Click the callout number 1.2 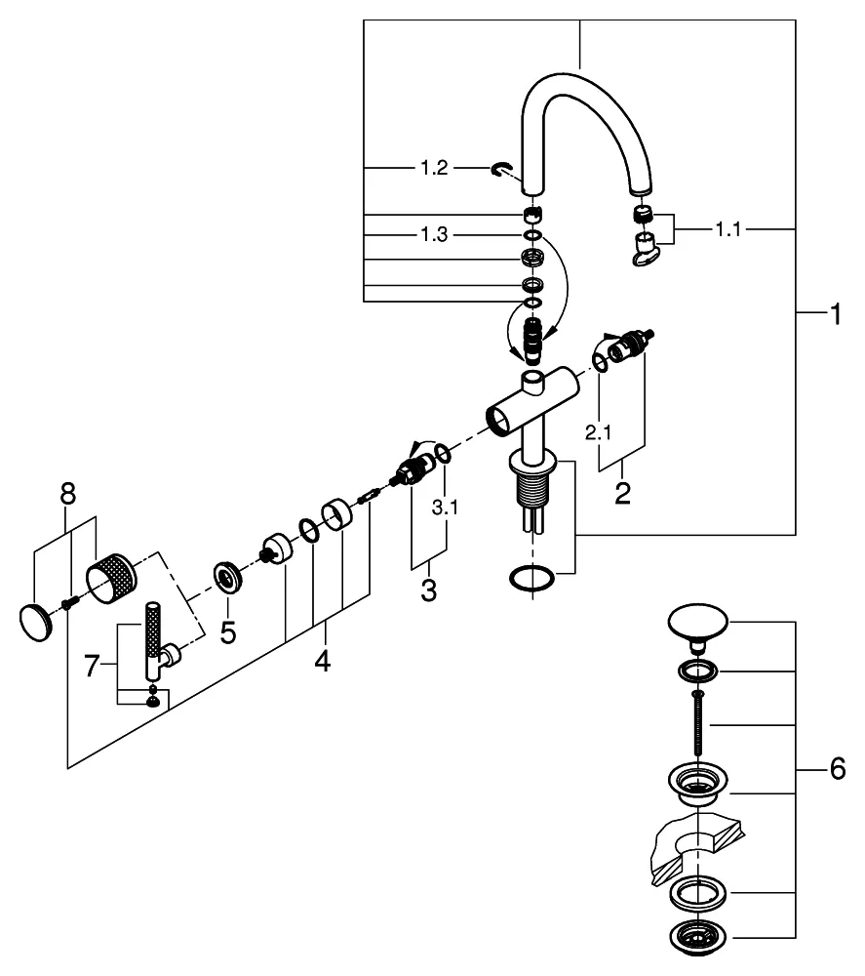pos(434,169)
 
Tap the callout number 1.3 pos(434,236)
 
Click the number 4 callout pos(322,663)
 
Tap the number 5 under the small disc pos(227,632)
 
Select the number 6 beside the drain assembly pos(837,770)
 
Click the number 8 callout pos(66,494)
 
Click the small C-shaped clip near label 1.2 pos(500,171)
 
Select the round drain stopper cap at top pos(695,625)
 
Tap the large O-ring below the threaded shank pos(531,578)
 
